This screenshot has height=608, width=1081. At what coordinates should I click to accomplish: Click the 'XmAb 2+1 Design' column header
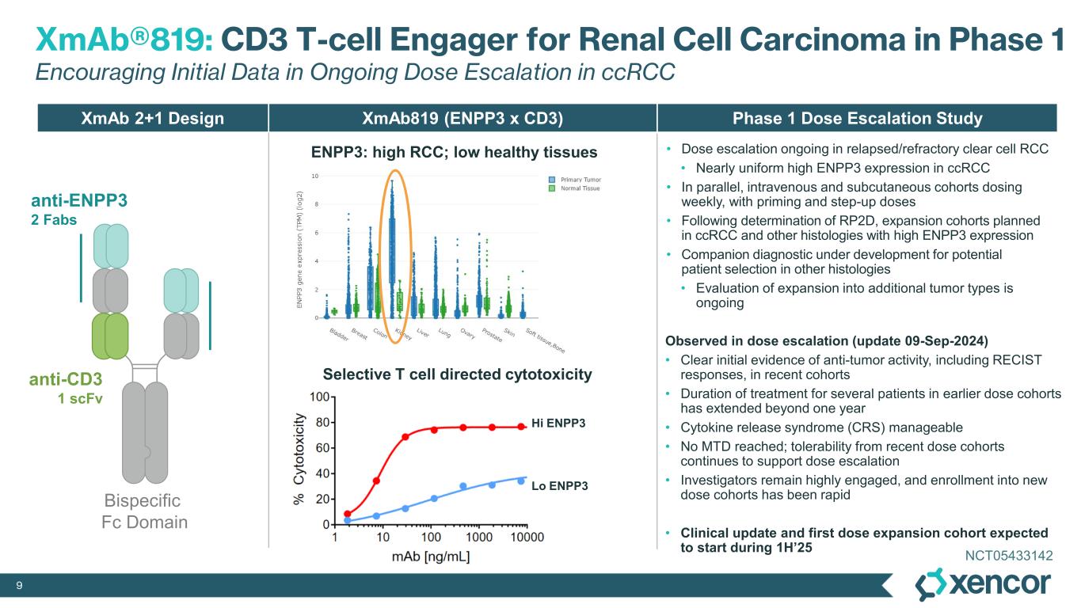point(153,119)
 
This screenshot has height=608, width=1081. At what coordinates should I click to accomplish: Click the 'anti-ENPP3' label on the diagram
point(78,202)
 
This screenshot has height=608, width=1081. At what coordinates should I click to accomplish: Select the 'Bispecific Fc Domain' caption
point(143,511)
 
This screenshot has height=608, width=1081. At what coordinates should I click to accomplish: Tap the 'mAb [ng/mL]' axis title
point(431,557)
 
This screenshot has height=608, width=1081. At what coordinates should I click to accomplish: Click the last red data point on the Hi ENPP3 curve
point(521,427)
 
